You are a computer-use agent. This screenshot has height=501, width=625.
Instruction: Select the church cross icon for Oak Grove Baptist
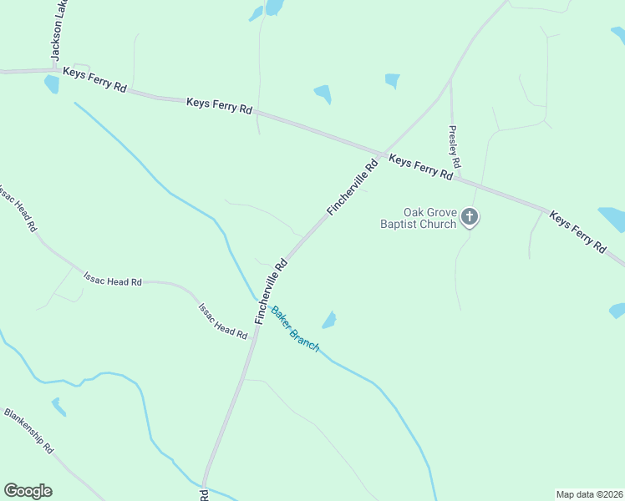click(470, 218)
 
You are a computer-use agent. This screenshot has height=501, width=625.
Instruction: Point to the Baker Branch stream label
click(295, 327)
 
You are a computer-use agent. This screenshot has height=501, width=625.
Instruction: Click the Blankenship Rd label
click(28, 430)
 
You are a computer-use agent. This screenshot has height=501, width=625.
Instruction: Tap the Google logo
click(28, 491)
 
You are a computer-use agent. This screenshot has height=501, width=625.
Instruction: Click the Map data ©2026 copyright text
click(589, 493)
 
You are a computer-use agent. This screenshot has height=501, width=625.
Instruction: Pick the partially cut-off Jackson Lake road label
click(58, 29)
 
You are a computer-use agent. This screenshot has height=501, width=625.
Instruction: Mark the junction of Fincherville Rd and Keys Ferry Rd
click(383, 154)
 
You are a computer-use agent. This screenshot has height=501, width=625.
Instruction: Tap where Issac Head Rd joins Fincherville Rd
click(256, 326)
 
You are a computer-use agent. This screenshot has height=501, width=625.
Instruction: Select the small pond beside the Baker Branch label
click(329, 320)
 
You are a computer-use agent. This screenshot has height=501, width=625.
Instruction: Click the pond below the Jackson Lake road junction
click(52, 84)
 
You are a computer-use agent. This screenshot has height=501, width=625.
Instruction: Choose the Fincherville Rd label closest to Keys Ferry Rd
click(353, 188)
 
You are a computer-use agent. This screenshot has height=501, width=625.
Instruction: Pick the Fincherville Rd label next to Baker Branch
click(272, 291)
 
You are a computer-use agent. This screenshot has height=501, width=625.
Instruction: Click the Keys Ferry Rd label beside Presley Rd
click(421, 167)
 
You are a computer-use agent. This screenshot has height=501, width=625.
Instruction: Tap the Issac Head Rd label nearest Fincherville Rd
click(222, 321)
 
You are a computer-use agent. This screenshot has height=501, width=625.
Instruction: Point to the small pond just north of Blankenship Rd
click(58, 407)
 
